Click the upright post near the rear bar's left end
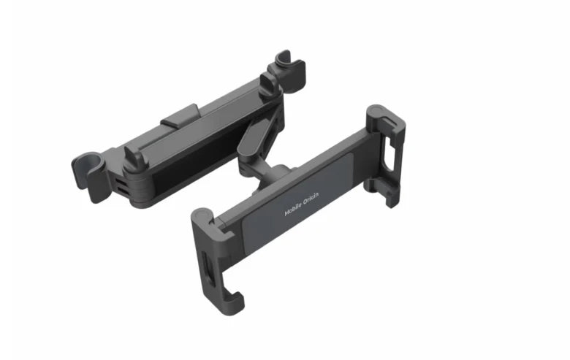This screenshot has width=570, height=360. tap(136, 156)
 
